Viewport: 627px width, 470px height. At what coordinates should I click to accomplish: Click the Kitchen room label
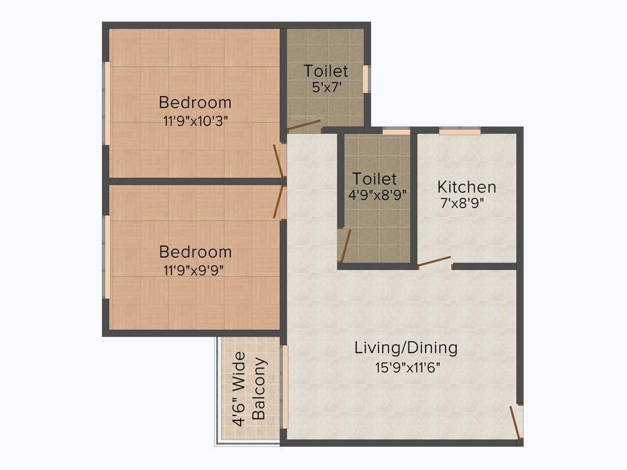pyautogui.click(x=467, y=187)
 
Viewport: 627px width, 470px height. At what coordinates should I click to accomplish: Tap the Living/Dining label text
pyautogui.click(x=406, y=348)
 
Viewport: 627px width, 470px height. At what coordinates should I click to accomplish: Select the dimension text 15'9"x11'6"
pyautogui.click(x=408, y=367)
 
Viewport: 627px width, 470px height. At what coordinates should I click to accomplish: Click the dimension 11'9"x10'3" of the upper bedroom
pyautogui.click(x=195, y=121)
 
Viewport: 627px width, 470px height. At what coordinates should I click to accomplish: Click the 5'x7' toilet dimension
pyautogui.click(x=326, y=88)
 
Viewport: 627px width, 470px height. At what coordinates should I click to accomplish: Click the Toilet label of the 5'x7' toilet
pyautogui.click(x=326, y=71)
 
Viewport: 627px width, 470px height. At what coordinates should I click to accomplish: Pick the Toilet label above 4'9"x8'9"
pyautogui.click(x=374, y=179)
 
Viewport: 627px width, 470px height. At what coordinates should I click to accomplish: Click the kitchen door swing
pyautogui.click(x=435, y=262)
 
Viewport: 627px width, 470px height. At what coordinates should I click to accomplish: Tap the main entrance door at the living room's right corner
pyautogui.click(x=516, y=422)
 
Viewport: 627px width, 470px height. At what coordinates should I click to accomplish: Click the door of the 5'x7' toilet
pyautogui.click(x=304, y=126)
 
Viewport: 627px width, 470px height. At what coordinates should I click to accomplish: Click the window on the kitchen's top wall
pyautogui.click(x=459, y=130)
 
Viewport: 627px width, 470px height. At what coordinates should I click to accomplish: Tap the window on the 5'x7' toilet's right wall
pyautogui.click(x=366, y=79)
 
